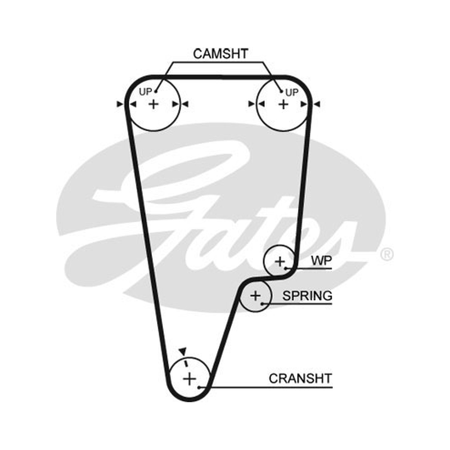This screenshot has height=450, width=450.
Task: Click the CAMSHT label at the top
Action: click(x=220, y=54)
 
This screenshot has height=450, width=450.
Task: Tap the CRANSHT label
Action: click(x=300, y=379)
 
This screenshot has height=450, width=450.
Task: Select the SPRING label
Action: click(x=307, y=296)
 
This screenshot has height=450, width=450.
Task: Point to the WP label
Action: click(x=321, y=260)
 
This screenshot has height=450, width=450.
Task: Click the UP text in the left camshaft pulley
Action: click(x=145, y=92)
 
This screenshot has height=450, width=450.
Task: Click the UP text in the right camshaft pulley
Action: click(x=292, y=93)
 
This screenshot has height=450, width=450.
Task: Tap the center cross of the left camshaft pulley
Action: click(x=154, y=104)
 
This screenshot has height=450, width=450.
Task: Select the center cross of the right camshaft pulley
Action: click(x=283, y=105)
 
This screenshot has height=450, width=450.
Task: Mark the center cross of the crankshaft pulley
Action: click(x=190, y=379)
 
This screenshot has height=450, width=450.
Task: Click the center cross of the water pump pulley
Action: click(x=280, y=262)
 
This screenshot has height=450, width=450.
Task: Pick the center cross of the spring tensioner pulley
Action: click(x=255, y=296)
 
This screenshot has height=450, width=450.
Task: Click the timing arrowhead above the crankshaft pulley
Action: click(x=182, y=351)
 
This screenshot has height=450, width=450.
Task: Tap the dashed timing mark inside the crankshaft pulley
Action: click(x=186, y=363)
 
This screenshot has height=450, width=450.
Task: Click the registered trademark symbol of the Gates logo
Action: click(x=386, y=255)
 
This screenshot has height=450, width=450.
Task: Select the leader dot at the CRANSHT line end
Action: click(x=199, y=388)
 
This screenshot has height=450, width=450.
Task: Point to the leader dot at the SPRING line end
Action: click(x=262, y=304)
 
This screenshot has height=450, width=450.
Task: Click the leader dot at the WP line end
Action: click(x=286, y=268)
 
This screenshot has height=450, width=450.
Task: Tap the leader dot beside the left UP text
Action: click(x=156, y=92)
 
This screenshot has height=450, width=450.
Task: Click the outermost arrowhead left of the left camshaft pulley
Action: click(x=120, y=104)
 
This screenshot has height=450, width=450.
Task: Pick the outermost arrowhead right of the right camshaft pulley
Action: click(x=317, y=104)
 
